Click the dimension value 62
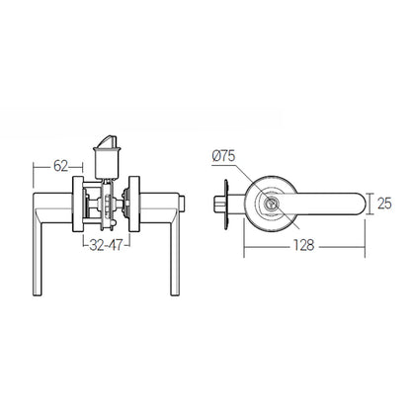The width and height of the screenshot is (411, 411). coord(59,166)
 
